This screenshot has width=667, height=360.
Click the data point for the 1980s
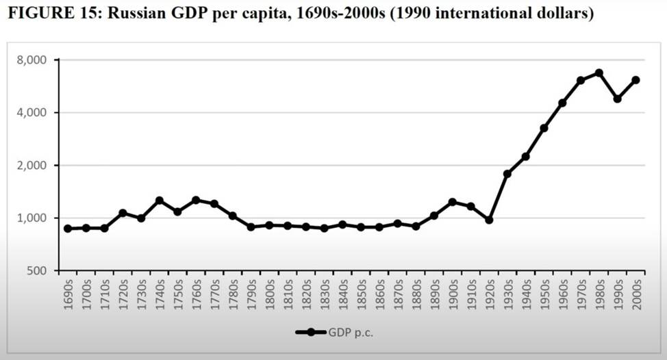[599, 73]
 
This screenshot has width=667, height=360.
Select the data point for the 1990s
[617, 99]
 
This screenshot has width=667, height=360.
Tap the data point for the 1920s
[489, 220]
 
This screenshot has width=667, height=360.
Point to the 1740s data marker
[159, 201]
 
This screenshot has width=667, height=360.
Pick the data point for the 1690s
[68, 229]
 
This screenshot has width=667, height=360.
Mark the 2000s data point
[635, 80]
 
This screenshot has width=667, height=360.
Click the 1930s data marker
[507, 174]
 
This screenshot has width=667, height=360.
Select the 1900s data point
[452, 202]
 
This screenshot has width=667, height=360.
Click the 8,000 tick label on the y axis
[32, 60]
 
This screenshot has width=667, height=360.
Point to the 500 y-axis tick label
[38, 271]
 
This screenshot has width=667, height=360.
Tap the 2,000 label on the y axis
[32, 166]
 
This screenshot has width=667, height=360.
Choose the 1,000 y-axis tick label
[32, 218]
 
